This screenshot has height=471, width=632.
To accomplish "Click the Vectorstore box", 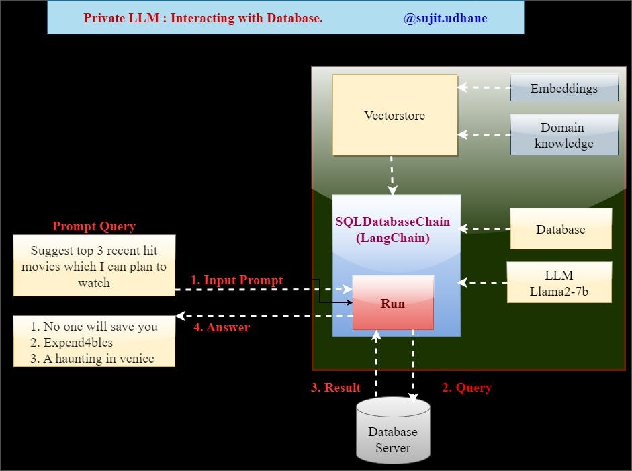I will point(394,115).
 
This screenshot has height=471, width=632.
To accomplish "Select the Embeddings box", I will point(563,88).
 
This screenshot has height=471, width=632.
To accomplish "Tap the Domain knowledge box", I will point(563,135).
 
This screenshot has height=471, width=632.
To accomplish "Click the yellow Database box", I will point(560,229).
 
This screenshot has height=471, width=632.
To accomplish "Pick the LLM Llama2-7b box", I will point(559,282).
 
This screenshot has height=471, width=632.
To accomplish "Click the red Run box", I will point(393,303).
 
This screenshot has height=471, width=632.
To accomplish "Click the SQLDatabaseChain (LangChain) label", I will point(393,228).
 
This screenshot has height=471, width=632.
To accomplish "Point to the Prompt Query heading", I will point(94,226).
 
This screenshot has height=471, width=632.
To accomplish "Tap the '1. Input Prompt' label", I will point(236,280).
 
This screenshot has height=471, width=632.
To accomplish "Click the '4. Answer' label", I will point(221,327).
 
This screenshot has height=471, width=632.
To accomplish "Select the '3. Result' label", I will point(335,388).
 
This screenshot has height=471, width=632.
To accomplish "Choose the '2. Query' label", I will point(466,388).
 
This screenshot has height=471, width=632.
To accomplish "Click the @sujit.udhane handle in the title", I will point(445,18).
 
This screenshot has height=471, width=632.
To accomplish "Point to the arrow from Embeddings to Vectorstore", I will point(484,87).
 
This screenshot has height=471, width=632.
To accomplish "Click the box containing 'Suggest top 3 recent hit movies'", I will point(94,266).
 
